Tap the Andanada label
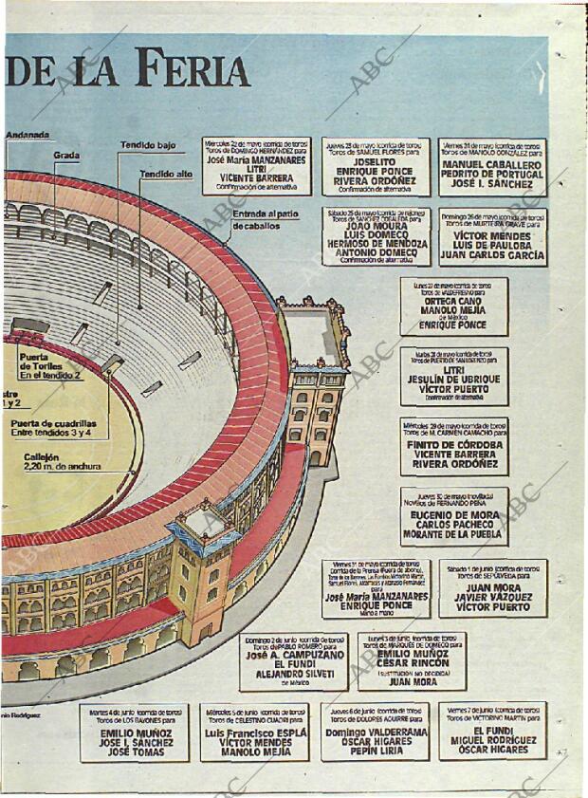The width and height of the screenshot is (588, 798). pos(28,136)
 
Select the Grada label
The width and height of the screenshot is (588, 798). pos(65,155)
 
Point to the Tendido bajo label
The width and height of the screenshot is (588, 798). pos(147,145)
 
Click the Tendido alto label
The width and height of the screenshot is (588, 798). pos(166,175)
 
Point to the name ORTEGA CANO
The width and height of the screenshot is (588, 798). pos(453,302)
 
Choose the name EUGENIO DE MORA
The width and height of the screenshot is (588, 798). pos(453,515)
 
